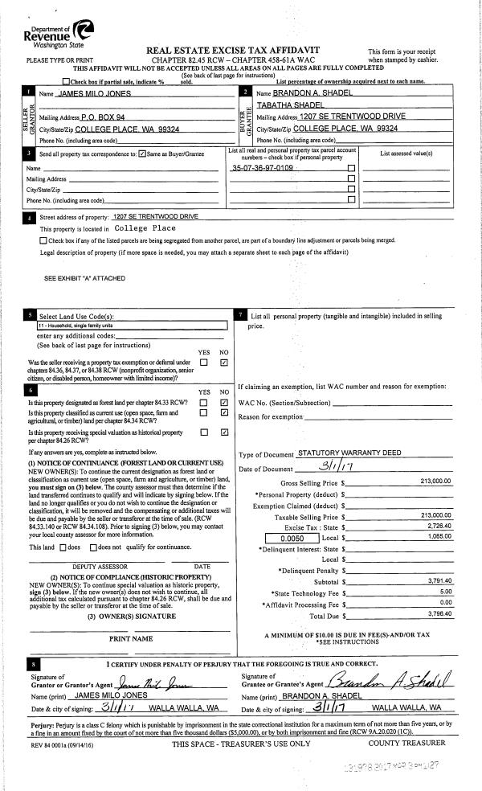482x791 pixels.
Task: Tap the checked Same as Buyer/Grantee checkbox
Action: [141, 154]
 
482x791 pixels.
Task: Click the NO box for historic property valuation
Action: [224, 432]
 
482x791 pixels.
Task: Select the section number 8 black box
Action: [31, 665]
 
